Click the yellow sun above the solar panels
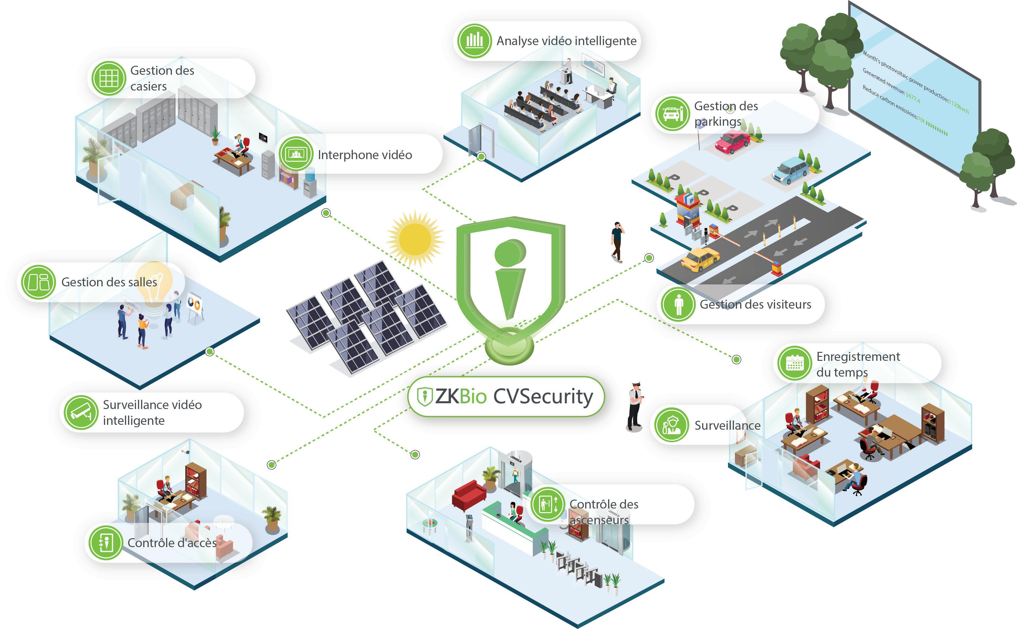(415, 239)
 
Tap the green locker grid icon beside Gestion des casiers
(109, 78)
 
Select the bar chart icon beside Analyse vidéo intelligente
(474, 41)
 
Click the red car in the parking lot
(732, 141)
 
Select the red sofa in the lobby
(469, 495)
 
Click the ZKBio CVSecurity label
(506, 396)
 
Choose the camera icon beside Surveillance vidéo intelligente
(81, 412)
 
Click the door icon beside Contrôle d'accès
(106, 542)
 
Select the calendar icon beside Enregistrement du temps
(794, 363)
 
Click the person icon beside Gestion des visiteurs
(678, 304)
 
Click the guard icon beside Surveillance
(671, 425)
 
